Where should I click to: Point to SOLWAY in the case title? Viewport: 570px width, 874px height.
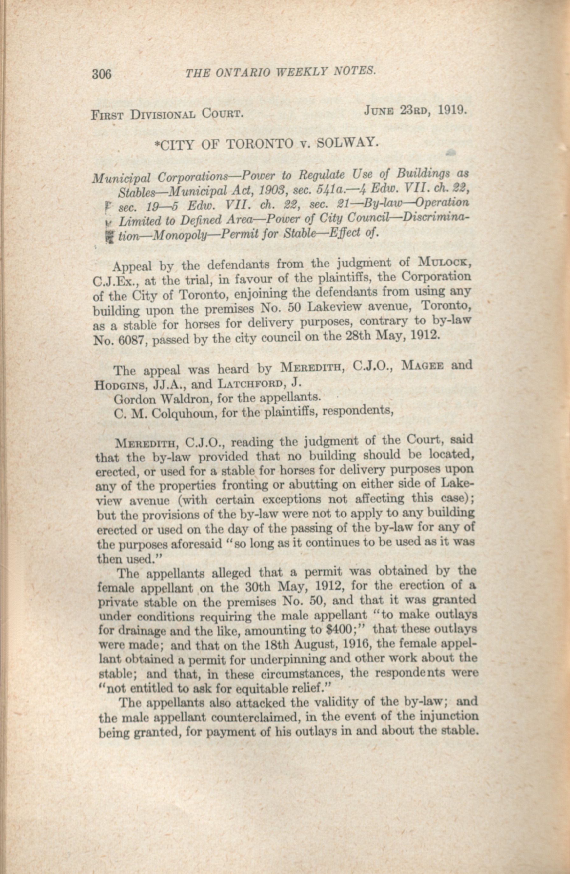click(348, 142)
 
